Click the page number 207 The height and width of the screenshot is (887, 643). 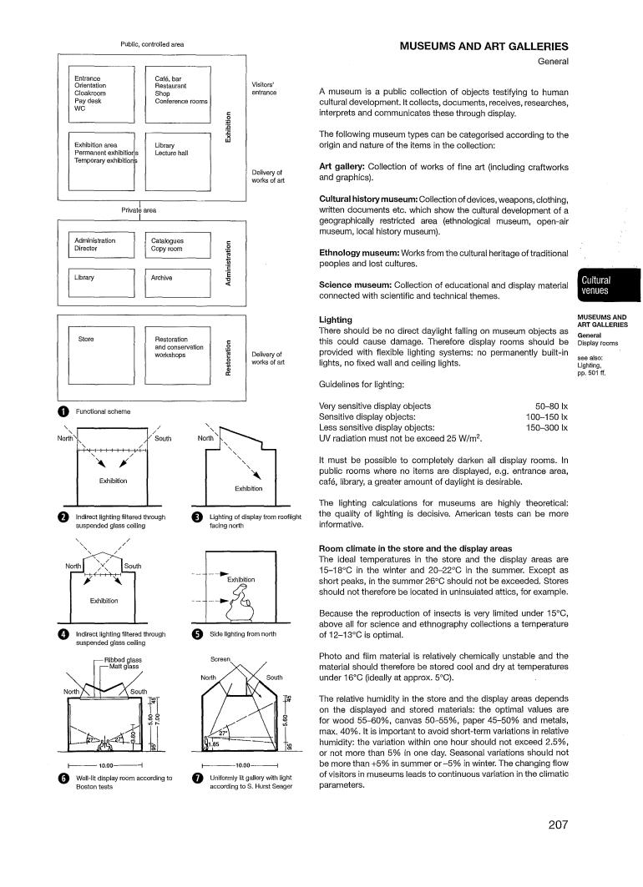point(558,825)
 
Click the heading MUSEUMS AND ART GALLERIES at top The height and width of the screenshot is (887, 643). point(484,47)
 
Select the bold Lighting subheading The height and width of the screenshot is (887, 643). point(336,320)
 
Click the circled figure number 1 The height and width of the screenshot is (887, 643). point(63,411)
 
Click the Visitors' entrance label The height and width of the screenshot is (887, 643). point(264,88)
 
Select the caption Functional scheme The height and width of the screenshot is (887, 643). point(104,411)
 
